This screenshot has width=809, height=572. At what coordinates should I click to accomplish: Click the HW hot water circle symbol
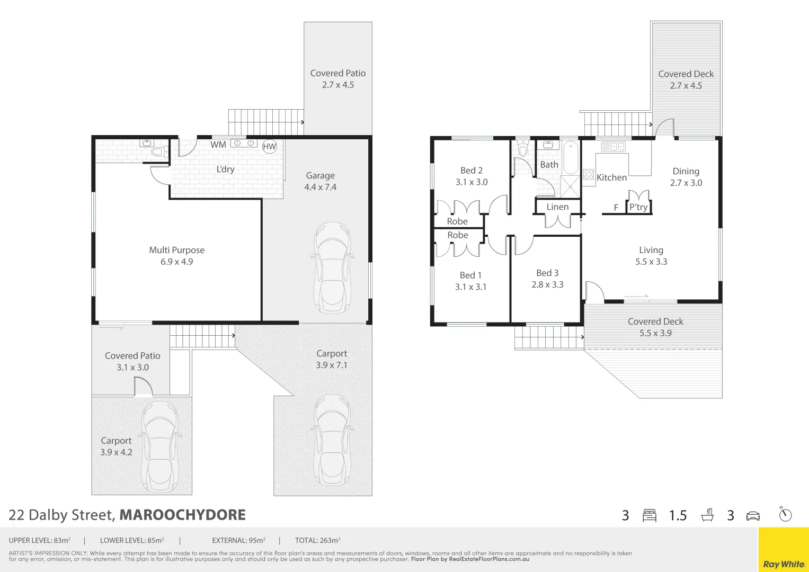pyautogui.click(x=269, y=146)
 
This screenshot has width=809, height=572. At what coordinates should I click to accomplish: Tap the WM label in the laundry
pyautogui.click(x=218, y=145)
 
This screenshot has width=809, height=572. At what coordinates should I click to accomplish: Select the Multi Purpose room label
pyautogui.click(x=176, y=250)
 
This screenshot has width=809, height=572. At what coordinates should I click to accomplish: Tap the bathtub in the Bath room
pyautogui.click(x=571, y=157)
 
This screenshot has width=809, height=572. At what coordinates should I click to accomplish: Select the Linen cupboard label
pyautogui.click(x=557, y=207)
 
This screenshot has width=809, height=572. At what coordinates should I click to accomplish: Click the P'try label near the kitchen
pyautogui.click(x=638, y=207)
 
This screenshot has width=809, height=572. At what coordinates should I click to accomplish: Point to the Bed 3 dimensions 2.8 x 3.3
pyautogui.click(x=547, y=284)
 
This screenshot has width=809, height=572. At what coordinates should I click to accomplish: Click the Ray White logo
pyautogui.click(x=784, y=564)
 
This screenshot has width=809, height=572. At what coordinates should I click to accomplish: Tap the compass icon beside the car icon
pyautogui.click(x=785, y=514)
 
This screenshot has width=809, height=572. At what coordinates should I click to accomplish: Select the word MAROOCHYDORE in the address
pyautogui.click(x=183, y=515)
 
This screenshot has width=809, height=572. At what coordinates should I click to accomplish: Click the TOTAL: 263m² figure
pyautogui.click(x=317, y=540)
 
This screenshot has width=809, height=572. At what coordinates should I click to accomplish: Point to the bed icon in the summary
pyautogui.click(x=650, y=515)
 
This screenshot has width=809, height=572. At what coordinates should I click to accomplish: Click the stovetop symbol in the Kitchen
pyautogui.click(x=589, y=174)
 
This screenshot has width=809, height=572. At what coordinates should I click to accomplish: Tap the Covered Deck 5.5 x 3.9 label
pyautogui.click(x=655, y=327)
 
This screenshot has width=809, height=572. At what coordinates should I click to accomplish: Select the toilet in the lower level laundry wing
pyautogui.click(x=157, y=152)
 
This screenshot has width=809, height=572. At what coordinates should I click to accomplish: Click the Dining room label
pyautogui.click(x=686, y=171)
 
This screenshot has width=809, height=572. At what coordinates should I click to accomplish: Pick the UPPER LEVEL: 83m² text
pyautogui.click(x=40, y=540)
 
